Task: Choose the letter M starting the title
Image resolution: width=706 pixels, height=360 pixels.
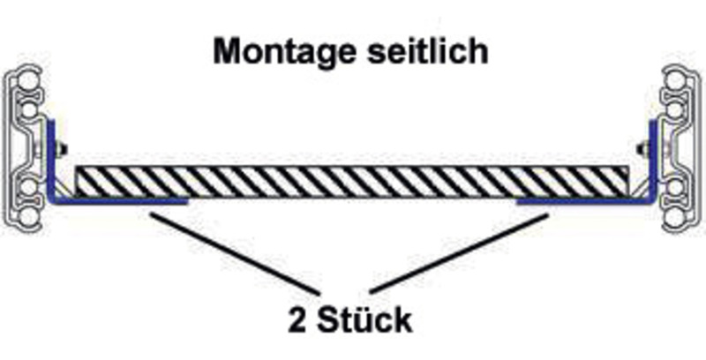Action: (226, 51)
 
